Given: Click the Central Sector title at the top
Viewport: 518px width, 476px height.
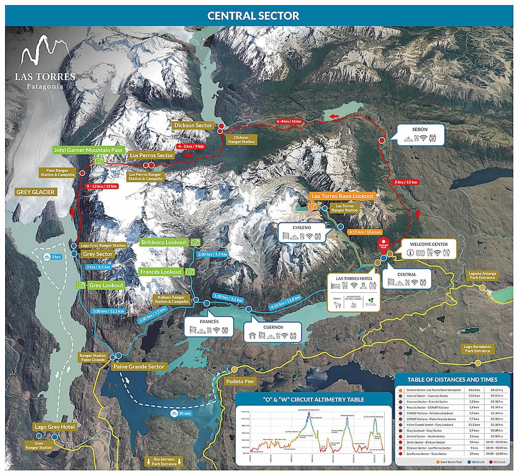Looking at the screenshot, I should click(253, 16).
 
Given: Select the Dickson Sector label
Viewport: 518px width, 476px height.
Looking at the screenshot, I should click(192, 125).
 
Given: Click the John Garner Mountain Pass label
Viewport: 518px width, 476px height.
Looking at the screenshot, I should click(88, 150).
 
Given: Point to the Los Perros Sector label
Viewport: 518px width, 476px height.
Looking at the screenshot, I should click(151, 155).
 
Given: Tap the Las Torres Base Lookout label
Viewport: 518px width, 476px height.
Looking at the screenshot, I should click(342, 197).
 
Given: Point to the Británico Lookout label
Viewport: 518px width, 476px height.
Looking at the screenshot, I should click(163, 242).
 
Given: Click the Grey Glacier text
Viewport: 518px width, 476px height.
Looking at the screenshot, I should click(36, 192).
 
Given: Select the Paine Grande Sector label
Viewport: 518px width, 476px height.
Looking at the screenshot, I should click(139, 367).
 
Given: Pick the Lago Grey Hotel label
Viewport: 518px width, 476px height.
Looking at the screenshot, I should click(55, 427).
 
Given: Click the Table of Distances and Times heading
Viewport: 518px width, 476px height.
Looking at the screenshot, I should click(453, 379).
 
